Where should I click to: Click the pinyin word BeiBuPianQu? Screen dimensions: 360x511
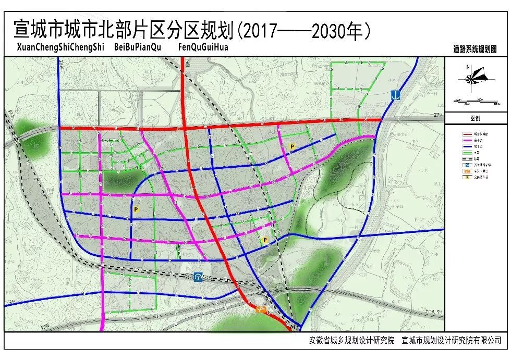[x=137, y=47]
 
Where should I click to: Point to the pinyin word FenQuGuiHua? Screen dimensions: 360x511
[x=203, y=47]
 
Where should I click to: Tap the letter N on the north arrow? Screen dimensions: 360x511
[x=469, y=67]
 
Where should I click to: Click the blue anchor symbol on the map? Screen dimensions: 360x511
[x=397, y=95]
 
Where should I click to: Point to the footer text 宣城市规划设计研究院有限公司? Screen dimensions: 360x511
[x=452, y=341]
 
